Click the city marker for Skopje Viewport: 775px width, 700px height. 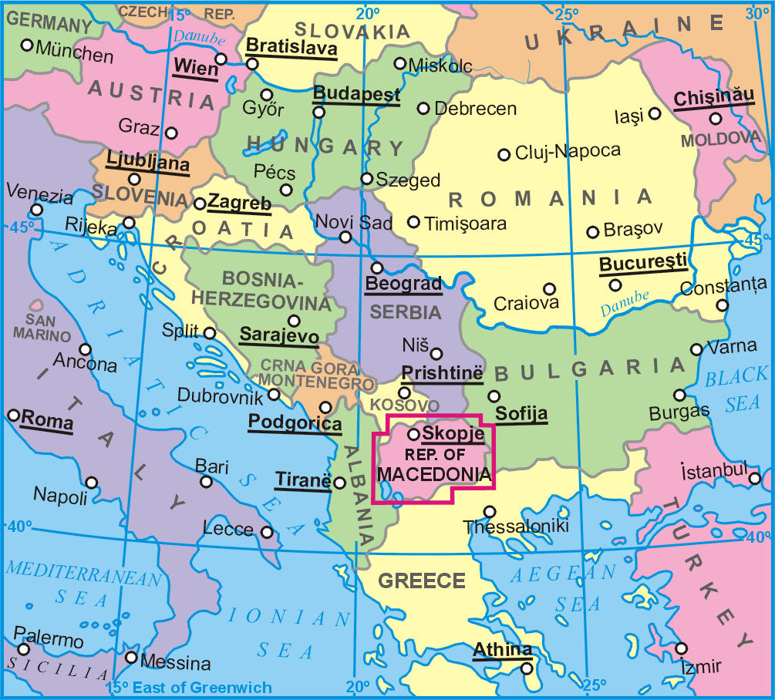point(413,435)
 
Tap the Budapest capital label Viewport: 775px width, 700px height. point(356,94)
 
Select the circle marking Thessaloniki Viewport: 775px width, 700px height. point(489,511)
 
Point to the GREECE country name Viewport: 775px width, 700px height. point(423,581)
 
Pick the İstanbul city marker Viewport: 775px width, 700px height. point(755,479)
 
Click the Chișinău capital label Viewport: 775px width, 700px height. point(713,99)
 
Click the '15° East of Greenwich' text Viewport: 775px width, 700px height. point(189,688)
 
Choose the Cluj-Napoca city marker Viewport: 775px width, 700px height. point(504,154)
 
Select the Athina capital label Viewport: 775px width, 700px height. point(503,649)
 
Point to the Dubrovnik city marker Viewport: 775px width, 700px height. point(274,395)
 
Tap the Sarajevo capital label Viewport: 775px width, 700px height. point(278,335)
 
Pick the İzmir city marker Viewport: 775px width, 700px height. point(682,648)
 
